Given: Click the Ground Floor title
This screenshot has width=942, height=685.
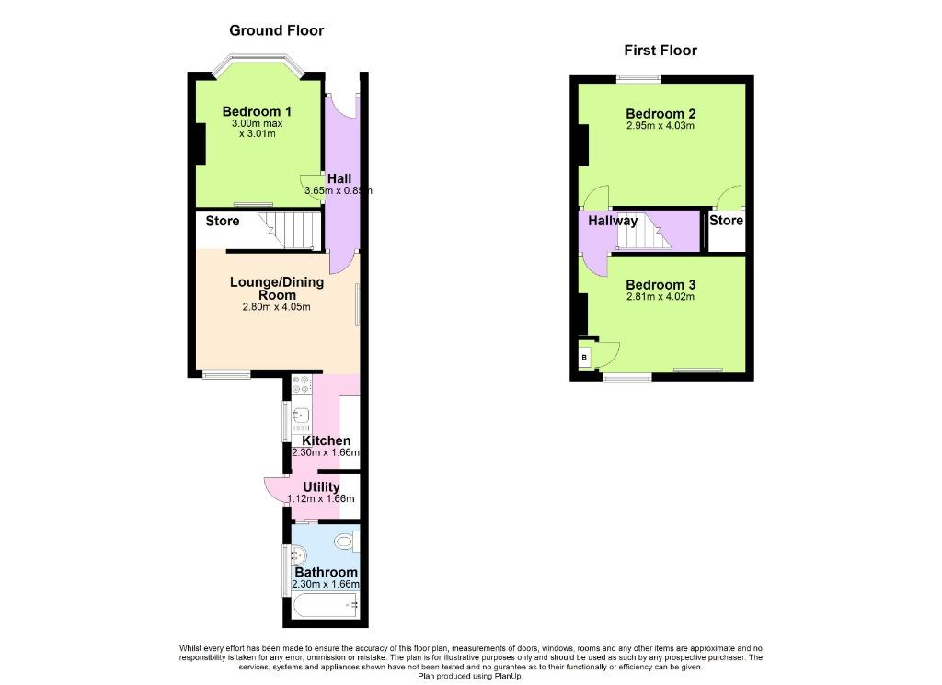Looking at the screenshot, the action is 276,30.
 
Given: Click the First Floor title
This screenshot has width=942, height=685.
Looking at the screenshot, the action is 661,51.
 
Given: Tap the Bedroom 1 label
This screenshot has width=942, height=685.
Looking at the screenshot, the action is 257,111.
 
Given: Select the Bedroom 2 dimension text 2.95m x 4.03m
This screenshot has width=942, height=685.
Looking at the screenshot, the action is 661,125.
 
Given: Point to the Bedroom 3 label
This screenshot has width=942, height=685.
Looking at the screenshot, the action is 661,284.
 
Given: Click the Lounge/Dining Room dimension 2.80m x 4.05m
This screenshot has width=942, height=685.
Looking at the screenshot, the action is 276,307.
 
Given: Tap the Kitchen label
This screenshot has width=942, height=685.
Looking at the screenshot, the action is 327,440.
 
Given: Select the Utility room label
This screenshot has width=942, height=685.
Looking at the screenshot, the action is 321,487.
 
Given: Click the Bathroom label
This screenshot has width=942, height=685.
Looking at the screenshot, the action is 327,572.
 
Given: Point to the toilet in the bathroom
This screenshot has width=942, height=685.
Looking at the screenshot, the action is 347,542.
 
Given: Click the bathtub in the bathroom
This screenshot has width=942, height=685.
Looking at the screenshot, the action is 326,606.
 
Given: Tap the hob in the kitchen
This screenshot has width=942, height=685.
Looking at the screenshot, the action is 302,385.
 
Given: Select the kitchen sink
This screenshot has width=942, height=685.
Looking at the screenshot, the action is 301,416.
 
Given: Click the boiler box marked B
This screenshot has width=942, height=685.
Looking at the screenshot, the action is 584,357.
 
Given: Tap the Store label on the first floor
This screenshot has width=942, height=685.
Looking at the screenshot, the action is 727,221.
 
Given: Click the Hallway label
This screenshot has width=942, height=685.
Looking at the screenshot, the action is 612,221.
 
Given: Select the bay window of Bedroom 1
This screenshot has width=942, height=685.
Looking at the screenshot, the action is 258,65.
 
